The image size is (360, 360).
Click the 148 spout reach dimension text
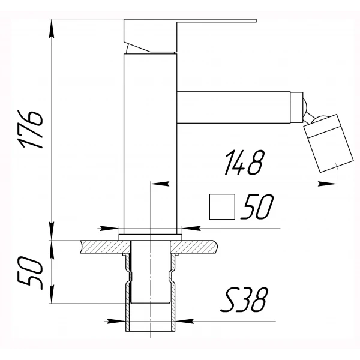coord(244,163)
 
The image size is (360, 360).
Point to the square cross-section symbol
coord(221,208)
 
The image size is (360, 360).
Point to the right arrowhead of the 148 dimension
coord(335,184)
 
